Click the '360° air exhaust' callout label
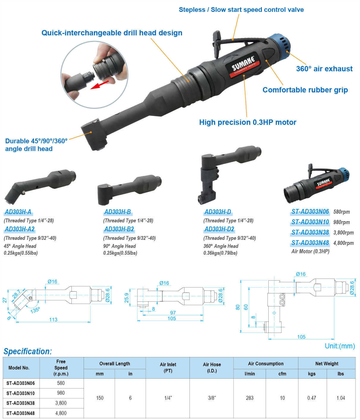coord(324,69)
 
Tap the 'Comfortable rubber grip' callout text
coord(305,90)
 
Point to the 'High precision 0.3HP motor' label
coord(248,122)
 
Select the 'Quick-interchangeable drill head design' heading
coord(112,33)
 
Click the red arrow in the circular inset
coord(99,85)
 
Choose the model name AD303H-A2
coord(20,229)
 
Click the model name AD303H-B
coord(118,212)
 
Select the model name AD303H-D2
coord(219,229)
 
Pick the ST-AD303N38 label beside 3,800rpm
coord(310,232)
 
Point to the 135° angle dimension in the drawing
coord(35,310)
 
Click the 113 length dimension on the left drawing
coord(53,320)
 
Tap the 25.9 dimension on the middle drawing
coord(127,298)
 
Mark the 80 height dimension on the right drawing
coord(237,307)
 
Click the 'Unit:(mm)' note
coord(340,346)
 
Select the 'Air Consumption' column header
coord(266,364)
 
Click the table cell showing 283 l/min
coord(250,398)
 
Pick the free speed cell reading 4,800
coord(61,413)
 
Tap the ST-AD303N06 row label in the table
coord(21,383)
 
